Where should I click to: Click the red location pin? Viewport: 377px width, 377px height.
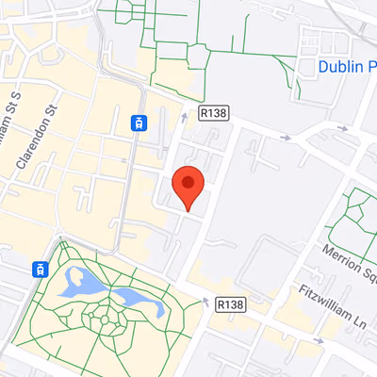pyautogui.click(x=189, y=188)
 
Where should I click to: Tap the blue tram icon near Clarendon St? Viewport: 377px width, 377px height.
pyautogui.click(x=139, y=123)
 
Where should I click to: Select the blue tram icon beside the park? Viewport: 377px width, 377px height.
pyautogui.click(x=41, y=269)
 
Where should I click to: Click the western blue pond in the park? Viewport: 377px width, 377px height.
pyautogui.click(x=79, y=280)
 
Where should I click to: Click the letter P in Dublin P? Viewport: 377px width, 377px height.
pyautogui.click(x=370, y=67)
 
